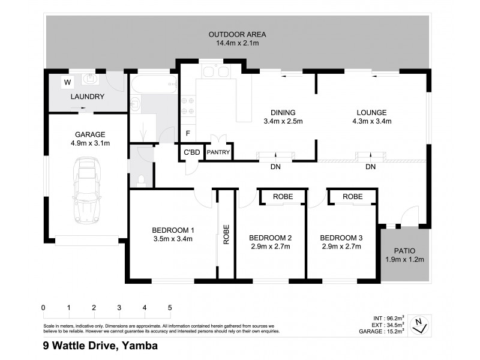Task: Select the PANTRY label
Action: coord(218,152)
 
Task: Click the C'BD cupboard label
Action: coord(191,152)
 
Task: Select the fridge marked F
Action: coord(188,133)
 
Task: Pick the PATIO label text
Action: coord(404,250)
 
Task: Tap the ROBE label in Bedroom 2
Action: coord(283,197)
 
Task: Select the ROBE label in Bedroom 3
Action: coord(352,197)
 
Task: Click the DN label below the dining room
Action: coord(275,167)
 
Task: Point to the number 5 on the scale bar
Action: coord(170,308)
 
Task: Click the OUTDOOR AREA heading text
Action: coord(237,34)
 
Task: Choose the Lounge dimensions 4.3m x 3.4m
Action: coord(371,121)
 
